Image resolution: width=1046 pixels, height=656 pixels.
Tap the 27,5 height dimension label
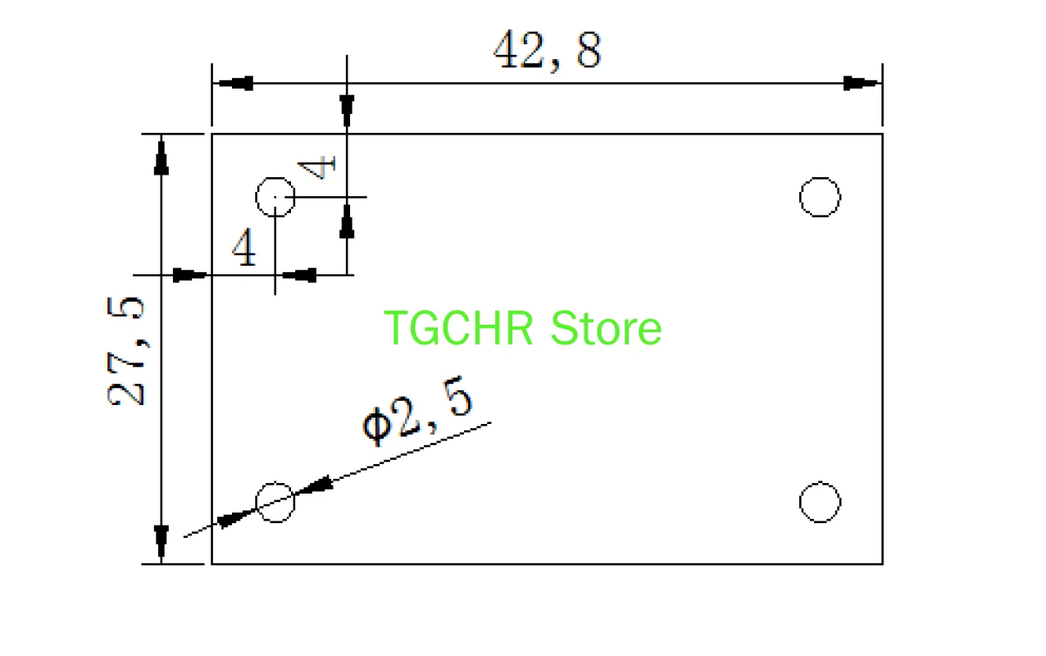coord(127,350)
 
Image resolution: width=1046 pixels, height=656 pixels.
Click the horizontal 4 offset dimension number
coord(244,248)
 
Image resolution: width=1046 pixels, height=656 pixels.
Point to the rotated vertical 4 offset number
coord(318,167)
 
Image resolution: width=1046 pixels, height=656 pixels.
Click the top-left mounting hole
coord(275,197)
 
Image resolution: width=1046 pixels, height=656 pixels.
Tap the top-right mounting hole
coord(820,197)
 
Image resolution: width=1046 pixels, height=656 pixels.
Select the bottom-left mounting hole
coord(275,502)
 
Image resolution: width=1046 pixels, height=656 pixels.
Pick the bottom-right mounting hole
coord(820,502)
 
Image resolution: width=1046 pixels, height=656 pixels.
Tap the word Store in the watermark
coord(606,328)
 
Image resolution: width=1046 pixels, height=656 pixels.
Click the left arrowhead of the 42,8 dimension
coord(233,84)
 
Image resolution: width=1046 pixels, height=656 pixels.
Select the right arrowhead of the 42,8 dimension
coord(862,84)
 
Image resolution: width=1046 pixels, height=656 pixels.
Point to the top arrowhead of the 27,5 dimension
coord(161,156)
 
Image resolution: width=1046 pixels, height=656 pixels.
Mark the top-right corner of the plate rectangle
coord(882,134)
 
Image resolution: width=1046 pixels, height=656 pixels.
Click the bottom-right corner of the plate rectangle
coord(882,563)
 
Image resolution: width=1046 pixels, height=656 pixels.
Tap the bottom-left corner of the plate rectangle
coord(212,563)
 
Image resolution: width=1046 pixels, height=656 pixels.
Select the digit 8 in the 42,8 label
coord(588,51)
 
